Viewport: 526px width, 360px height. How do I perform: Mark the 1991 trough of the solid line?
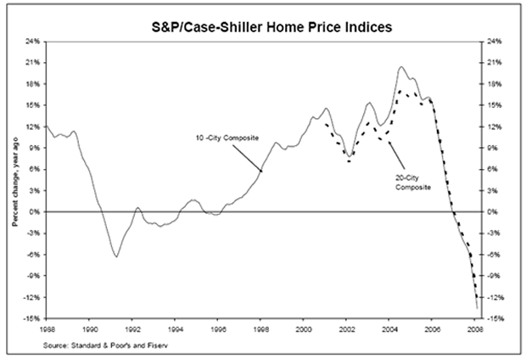[x=115, y=256]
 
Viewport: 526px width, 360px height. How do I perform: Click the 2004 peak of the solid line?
[x=401, y=66]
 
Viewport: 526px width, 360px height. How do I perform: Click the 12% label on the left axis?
[x=32, y=127]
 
